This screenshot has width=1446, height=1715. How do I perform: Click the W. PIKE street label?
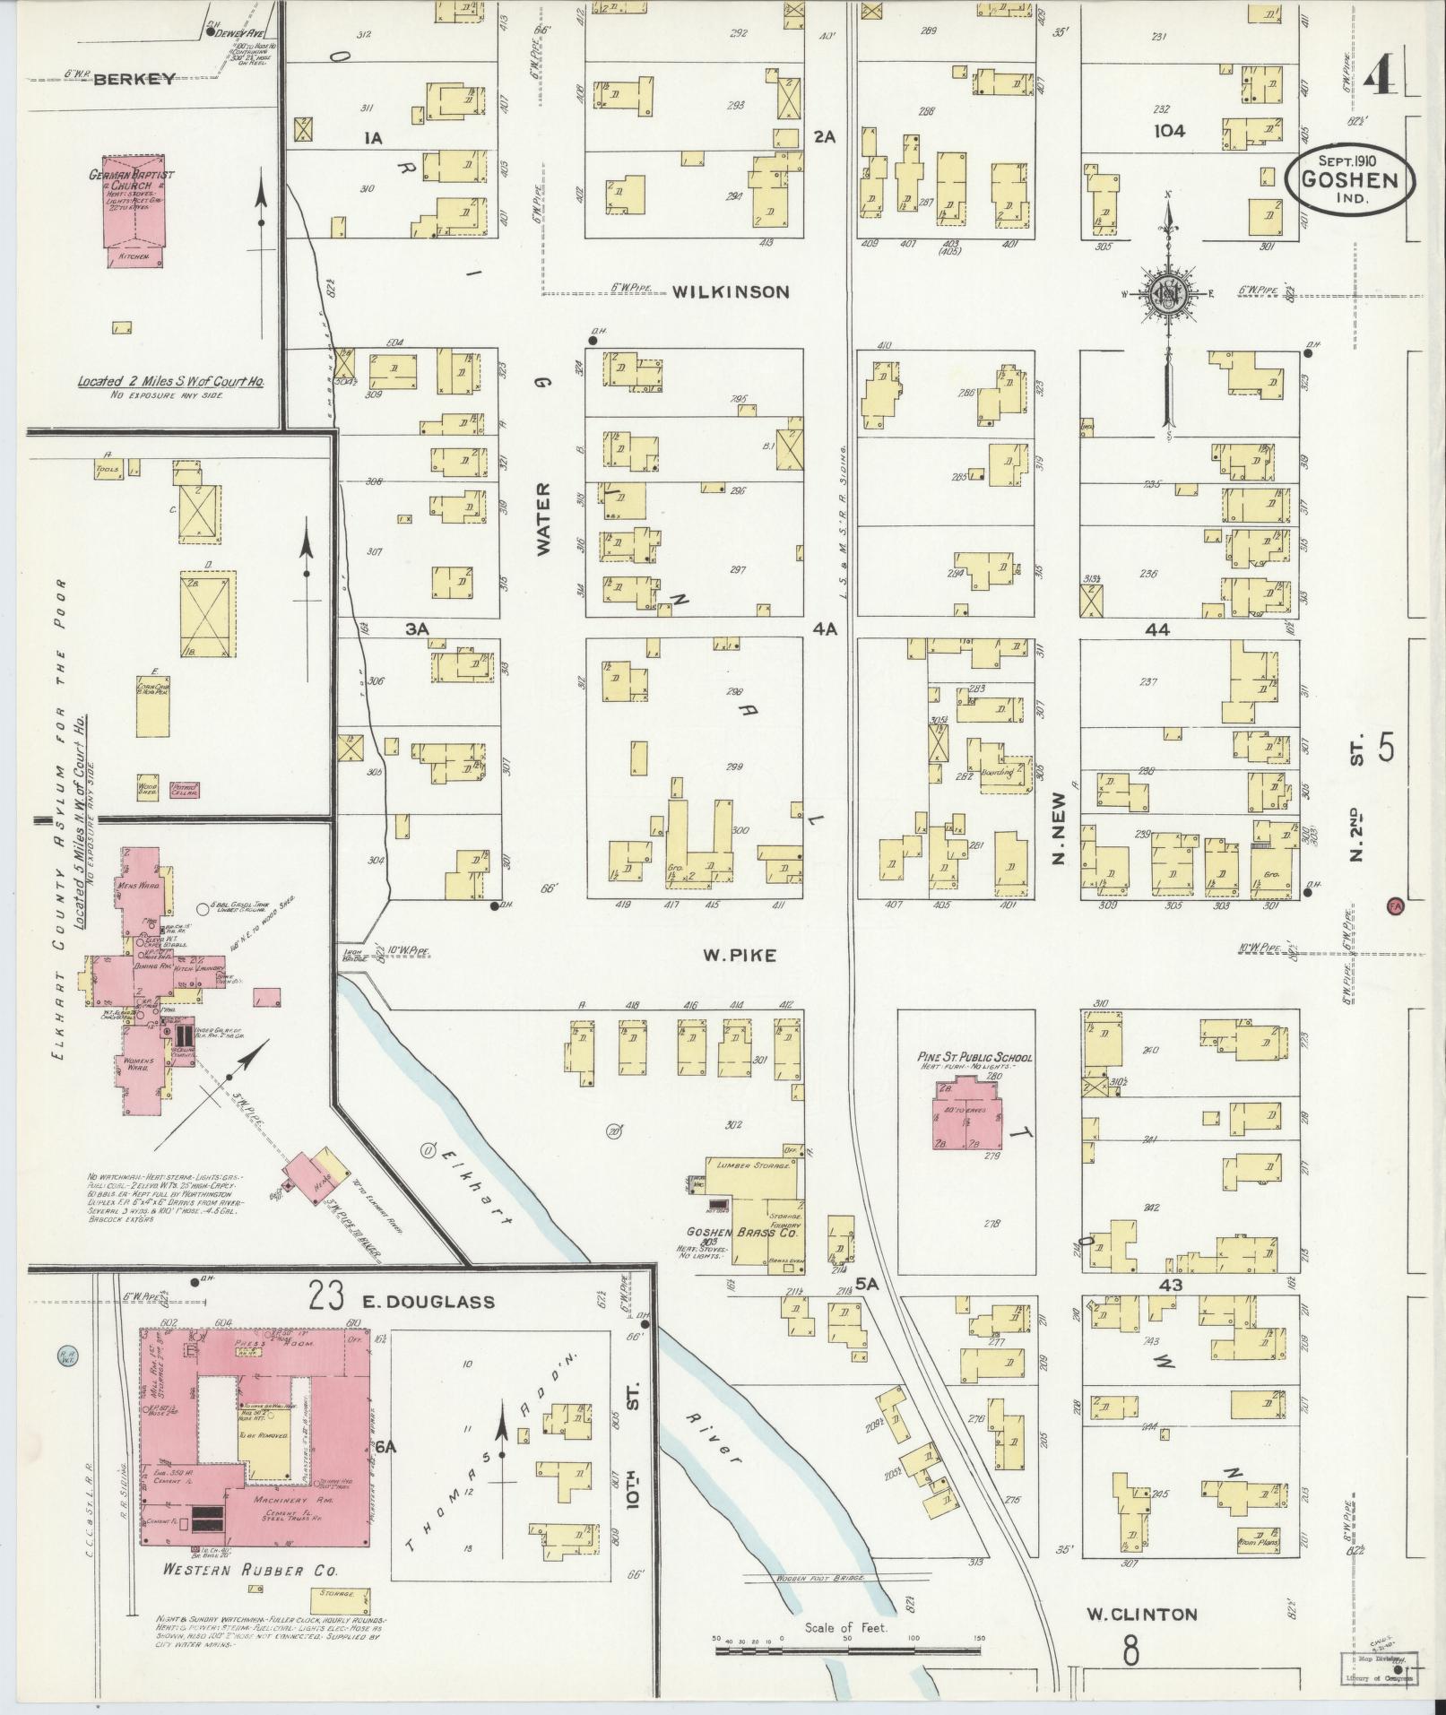coord(739,956)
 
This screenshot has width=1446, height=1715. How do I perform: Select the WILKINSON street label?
coord(731,291)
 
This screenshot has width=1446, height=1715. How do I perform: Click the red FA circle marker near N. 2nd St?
coord(1394,905)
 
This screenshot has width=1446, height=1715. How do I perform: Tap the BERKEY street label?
coord(133,79)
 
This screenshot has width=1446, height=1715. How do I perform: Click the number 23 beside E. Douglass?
coord(326,1296)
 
